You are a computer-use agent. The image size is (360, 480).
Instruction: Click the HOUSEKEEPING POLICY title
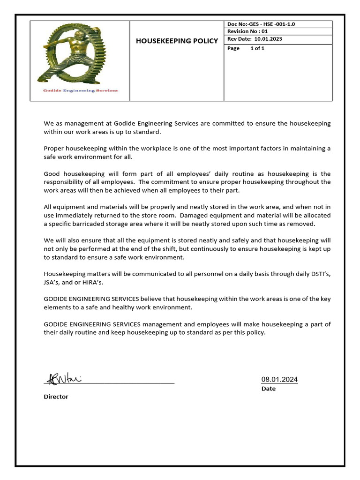pos(177,41)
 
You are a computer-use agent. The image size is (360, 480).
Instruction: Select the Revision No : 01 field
pos(247,31)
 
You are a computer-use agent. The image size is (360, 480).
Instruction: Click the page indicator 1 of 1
pos(257,48)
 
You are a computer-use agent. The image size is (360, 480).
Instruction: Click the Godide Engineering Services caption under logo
pos(80,90)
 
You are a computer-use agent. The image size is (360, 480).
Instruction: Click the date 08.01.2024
pos(279,380)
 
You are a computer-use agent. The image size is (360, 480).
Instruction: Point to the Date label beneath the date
pos(269,389)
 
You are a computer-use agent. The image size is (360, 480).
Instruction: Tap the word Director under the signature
pos(56,397)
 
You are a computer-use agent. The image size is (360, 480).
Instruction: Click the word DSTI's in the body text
pos(317,273)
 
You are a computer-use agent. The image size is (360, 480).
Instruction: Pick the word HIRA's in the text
pos(92,282)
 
